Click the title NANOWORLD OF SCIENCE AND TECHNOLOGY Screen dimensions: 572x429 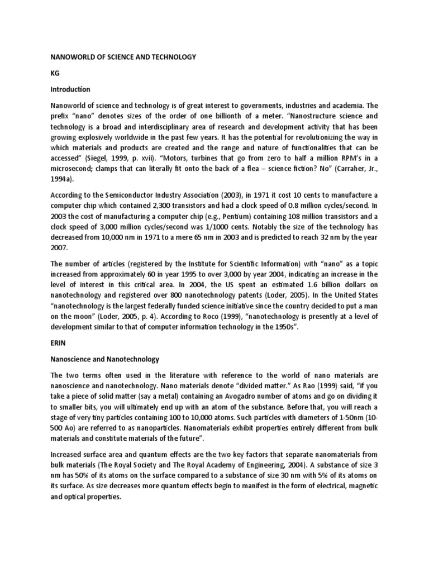click(x=123, y=57)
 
